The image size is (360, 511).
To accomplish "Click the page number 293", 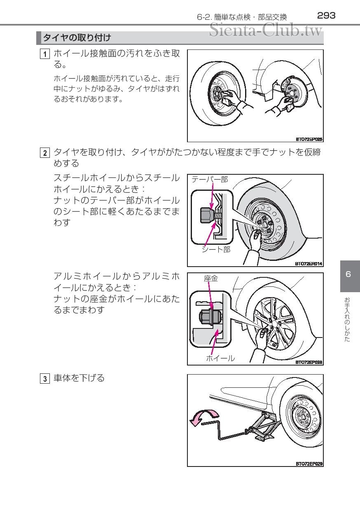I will click(326, 16).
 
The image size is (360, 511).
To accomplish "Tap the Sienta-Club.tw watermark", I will click(266, 30).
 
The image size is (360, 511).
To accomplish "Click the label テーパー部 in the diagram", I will click(210, 179).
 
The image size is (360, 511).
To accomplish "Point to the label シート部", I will click(216, 249).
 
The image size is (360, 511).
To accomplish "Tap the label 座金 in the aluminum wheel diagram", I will click(211, 279).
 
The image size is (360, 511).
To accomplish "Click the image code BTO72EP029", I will click(309, 463).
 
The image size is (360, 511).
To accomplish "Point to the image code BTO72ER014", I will click(309, 264).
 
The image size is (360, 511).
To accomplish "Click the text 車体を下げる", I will click(79, 378).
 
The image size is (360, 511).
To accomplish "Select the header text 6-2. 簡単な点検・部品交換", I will click(242, 17).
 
